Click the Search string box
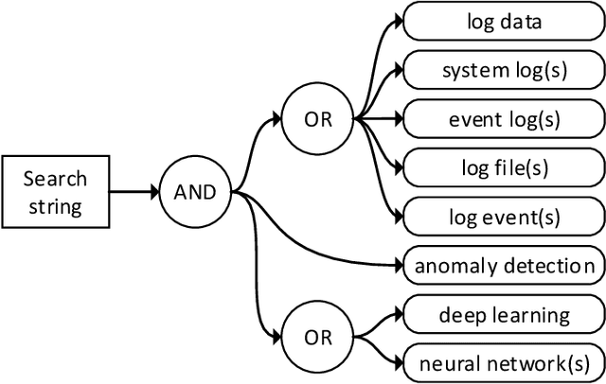[x=54, y=191]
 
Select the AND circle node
[x=194, y=192]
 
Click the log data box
[x=504, y=22]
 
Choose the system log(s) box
[x=504, y=70]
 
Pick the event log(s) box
[x=504, y=119]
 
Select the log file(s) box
[x=504, y=168]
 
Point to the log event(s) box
[x=504, y=217]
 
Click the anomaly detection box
[x=504, y=266]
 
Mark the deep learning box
[x=504, y=314]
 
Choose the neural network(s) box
[x=504, y=361]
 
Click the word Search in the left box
[x=55, y=179]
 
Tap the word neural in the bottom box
[x=450, y=361]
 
